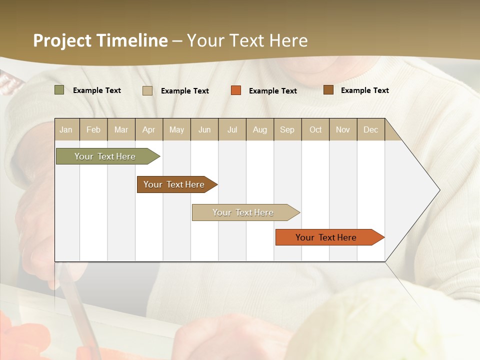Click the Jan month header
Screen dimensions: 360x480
pos(66,129)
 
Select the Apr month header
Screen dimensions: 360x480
pos(148,129)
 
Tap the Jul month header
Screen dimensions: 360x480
pos(232,129)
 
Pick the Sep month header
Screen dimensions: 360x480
pos(287,129)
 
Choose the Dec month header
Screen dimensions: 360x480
pos(370,129)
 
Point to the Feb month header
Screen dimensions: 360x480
pos(93,129)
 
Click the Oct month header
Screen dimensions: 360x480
pos(315,129)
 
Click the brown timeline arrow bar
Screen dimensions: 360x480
pos(175,184)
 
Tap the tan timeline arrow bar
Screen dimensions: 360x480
pos(244,212)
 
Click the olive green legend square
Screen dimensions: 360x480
pos(59,90)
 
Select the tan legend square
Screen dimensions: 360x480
pos(147,90)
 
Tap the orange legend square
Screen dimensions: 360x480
pos(236,90)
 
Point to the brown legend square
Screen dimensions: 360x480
pos(328,90)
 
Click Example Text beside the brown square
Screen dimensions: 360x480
pos(364,90)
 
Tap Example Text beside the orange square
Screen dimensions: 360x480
pos(272,91)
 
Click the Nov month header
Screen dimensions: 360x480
pos(343,129)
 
